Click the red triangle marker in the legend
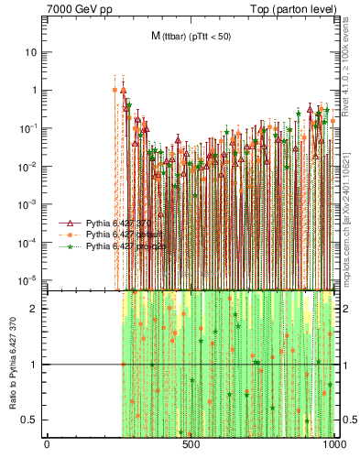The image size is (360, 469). (70, 223)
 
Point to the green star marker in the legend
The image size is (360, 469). (70, 246)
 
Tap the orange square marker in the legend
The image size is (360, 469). (70, 234)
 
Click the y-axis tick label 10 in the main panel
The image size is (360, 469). (31, 52)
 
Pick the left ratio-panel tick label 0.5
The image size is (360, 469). (32, 420)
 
